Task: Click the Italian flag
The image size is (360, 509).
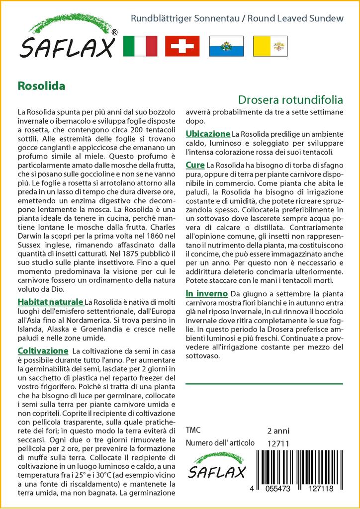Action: (140, 46)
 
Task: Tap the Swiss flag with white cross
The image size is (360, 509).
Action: (182, 46)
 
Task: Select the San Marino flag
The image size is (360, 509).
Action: (226, 46)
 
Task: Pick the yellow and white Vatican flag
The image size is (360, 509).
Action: (269, 46)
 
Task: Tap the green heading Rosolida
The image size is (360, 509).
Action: (41, 85)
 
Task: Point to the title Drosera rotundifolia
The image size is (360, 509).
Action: (290, 99)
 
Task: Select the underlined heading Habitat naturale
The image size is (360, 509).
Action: (50, 302)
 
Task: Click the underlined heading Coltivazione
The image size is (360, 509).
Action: (42, 350)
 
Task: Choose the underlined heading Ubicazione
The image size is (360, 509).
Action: (208, 134)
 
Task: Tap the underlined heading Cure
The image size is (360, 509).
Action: (195, 165)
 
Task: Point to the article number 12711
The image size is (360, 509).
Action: (277, 443)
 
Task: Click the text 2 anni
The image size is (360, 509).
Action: (278, 430)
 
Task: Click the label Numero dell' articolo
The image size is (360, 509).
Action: (220, 443)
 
